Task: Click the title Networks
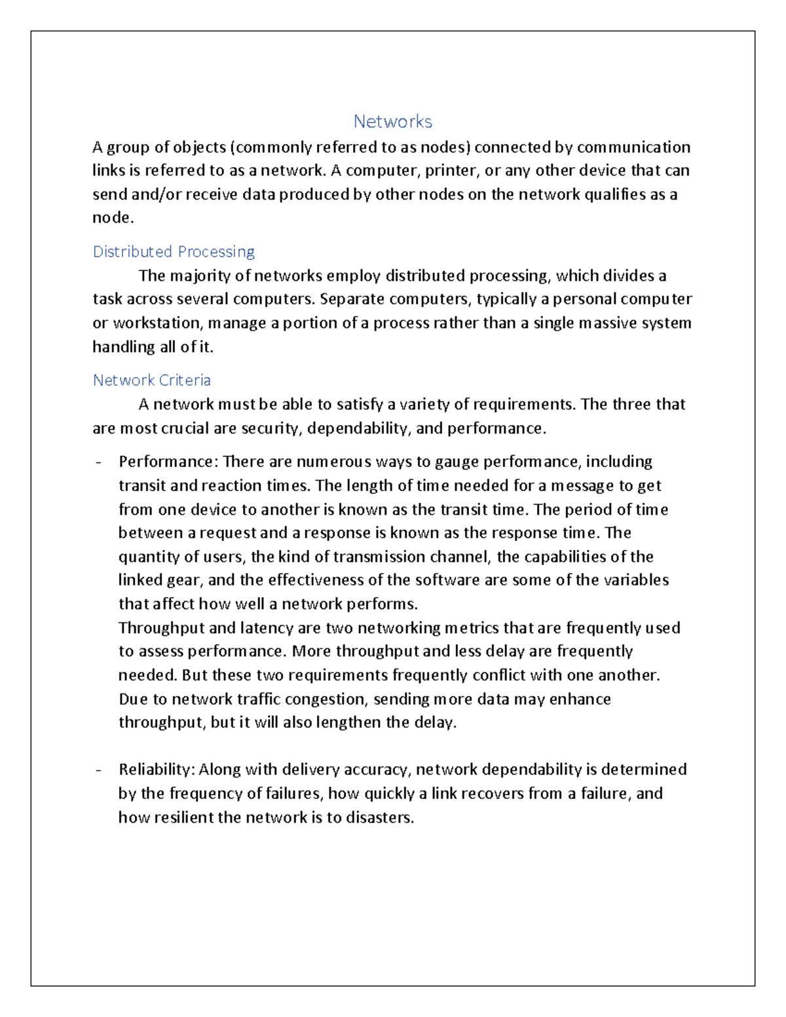[x=392, y=122]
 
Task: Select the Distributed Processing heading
[x=174, y=252]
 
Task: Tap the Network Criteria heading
[x=151, y=380]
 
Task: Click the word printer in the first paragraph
[x=451, y=171]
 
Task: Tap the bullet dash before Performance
[x=98, y=463]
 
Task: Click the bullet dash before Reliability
[x=98, y=770]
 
